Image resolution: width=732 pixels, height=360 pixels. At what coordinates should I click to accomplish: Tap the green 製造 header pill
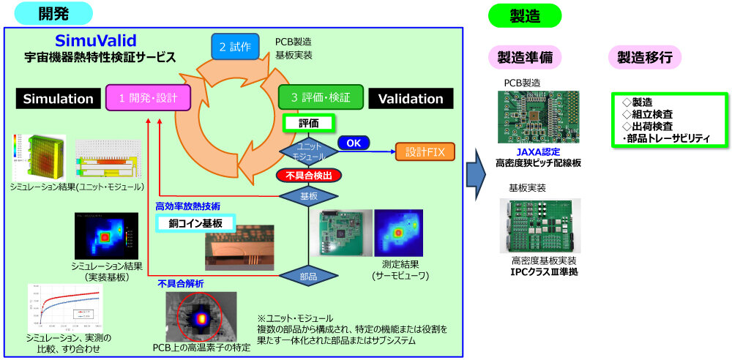pos(524,15)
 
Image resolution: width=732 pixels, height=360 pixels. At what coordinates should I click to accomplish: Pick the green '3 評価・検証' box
pos(320,97)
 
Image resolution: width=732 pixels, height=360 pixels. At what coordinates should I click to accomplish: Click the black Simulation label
pos(59,99)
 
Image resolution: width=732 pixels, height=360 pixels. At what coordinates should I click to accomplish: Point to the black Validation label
pos(411,99)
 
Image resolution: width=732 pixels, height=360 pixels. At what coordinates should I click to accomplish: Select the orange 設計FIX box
pos(425,152)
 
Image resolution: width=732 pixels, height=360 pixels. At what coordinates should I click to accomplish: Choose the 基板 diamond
pos(308,196)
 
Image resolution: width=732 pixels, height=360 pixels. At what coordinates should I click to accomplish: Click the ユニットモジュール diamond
pos(307,151)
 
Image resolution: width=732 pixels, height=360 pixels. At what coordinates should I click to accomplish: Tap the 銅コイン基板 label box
pos(195,223)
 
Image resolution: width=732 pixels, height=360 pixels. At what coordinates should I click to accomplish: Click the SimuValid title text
pos(96,40)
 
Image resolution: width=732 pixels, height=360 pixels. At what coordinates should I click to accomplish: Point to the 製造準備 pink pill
pos(524,58)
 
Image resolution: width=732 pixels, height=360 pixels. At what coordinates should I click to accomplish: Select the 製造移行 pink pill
pos(644,58)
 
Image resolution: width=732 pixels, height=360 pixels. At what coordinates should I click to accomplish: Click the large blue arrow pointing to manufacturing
pos(476,174)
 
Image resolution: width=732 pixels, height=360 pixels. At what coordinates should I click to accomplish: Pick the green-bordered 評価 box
pos(308,124)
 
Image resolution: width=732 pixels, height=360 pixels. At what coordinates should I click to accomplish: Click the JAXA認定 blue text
pos(537,151)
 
